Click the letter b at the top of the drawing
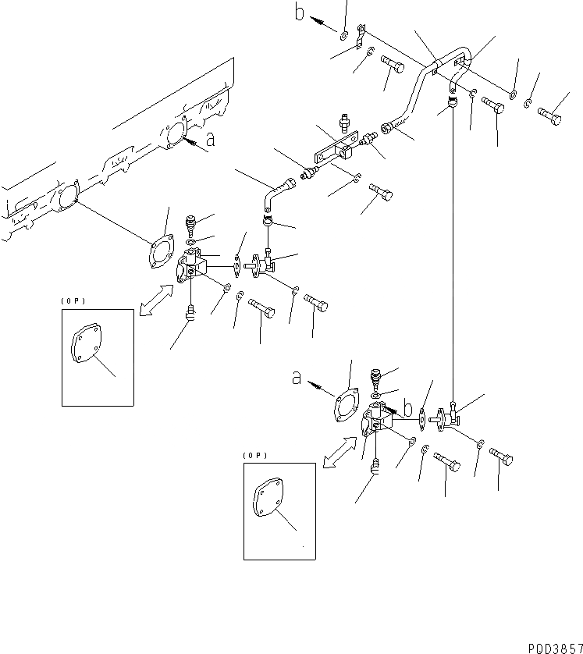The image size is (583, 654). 299,12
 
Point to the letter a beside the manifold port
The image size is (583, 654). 209,140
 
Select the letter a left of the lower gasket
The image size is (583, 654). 297,378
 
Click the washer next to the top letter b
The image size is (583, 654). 343,34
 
